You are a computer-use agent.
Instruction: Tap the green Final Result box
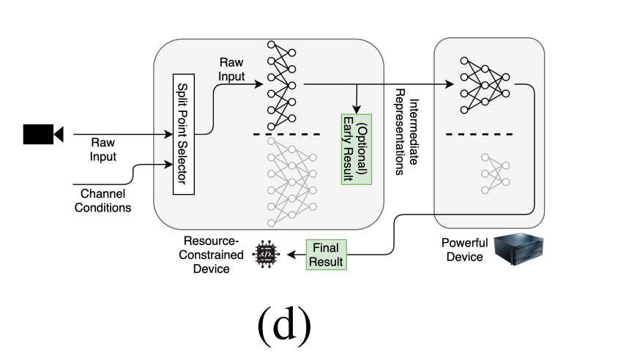(327, 254)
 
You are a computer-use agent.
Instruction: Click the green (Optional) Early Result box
(357, 150)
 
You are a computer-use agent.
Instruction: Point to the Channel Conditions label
(103, 200)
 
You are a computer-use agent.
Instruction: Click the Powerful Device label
(463, 250)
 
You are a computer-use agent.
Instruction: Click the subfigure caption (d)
(284, 325)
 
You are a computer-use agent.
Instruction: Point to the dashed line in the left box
(287, 134)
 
